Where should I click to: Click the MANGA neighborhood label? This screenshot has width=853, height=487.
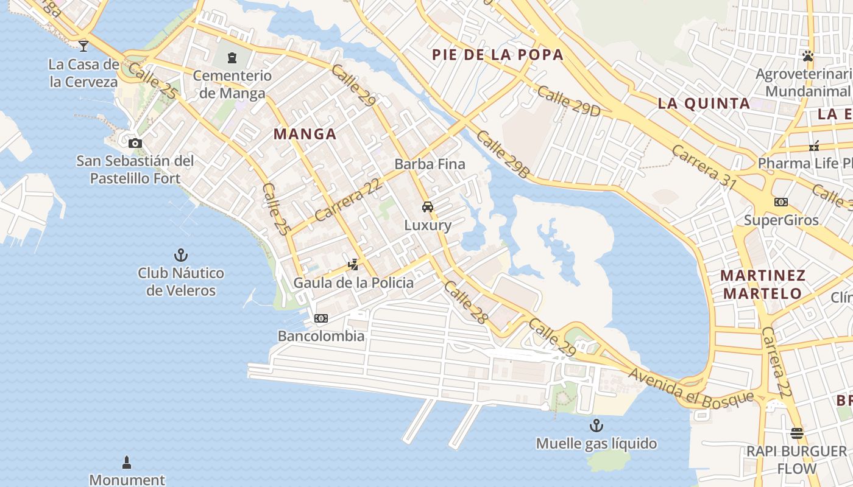pos(305,134)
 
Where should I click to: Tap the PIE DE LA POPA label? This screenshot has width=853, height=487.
pos(497,55)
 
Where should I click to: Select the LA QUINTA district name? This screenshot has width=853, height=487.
pos(704,103)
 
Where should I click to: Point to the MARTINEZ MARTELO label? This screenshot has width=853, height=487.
pos(762,284)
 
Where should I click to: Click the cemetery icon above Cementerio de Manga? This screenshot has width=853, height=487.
pos(232,58)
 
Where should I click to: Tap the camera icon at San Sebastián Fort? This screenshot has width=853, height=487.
pos(135,144)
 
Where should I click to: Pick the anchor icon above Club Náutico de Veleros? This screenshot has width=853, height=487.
pos(180,254)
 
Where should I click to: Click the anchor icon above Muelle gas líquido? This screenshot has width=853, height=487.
pos(596,425)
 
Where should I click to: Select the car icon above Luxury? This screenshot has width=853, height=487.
pos(428,207)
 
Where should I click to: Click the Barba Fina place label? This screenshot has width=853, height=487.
pos(430,164)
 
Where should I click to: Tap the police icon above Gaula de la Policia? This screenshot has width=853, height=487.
pos(353,264)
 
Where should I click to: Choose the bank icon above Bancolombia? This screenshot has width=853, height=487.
pos(320,318)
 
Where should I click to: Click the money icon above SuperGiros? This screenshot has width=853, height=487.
pos(780,202)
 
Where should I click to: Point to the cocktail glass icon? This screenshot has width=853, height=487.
pos(83,45)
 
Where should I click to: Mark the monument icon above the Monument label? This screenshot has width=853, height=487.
pos(127,463)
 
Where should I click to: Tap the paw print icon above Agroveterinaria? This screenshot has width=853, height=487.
pos(808,56)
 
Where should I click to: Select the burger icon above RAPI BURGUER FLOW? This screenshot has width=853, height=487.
pos(797,433)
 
